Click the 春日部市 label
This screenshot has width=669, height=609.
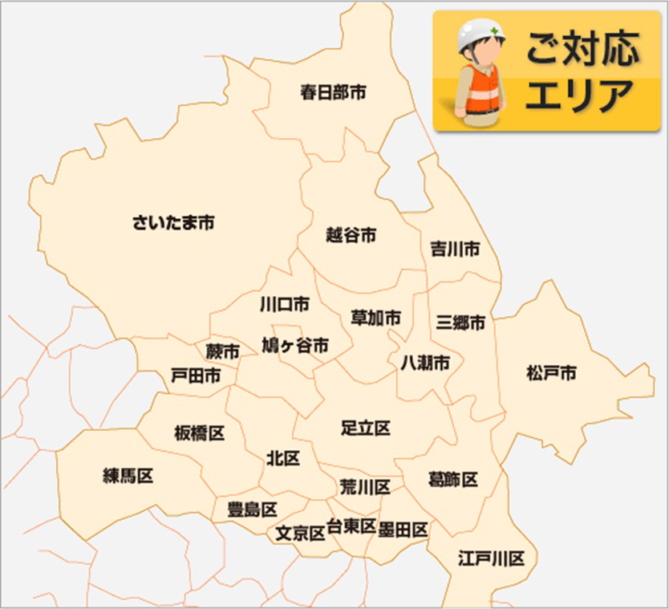[x=333, y=92]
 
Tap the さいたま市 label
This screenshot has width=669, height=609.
[x=173, y=222]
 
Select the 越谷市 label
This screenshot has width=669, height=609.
[x=351, y=235]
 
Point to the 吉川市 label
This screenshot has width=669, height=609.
[x=454, y=249]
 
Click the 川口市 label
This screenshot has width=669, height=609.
[x=284, y=305]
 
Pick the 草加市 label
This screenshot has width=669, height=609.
[x=375, y=318]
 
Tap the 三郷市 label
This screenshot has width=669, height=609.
[x=460, y=323]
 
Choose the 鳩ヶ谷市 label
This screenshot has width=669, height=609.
[x=295, y=346]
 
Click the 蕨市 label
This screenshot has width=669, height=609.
[x=222, y=351]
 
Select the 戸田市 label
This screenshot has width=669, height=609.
[x=197, y=376]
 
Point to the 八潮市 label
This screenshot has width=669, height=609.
[x=425, y=363]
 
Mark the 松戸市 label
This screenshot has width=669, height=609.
[x=551, y=373]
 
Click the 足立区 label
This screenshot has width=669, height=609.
[x=365, y=428]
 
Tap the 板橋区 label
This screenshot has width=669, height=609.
[x=199, y=434]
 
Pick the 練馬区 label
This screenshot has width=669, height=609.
[x=128, y=476]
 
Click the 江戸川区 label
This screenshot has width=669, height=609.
[x=491, y=558]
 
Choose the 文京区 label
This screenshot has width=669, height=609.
[x=300, y=532]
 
